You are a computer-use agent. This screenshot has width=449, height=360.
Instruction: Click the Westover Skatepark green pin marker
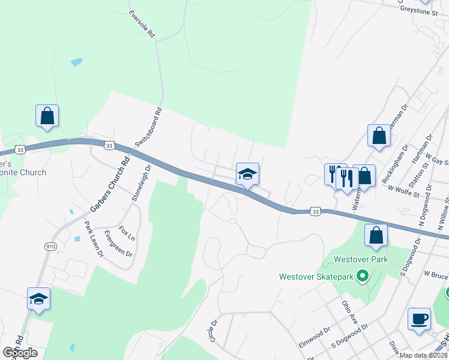point(362,277)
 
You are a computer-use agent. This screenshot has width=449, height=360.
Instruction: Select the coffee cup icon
point(419,319)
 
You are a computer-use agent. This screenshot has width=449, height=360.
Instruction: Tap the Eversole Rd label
point(142,24)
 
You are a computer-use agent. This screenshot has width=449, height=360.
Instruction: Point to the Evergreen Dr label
point(118,243)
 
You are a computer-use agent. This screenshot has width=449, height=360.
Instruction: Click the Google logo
point(20,352)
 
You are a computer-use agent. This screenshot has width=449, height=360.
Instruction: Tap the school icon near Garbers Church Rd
point(38,298)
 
